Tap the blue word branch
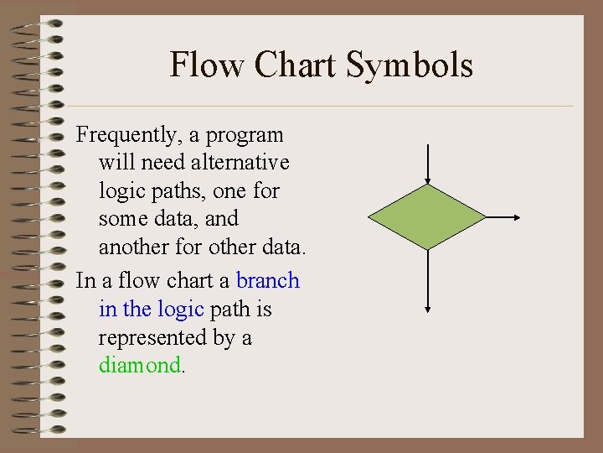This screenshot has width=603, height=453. coord(267,280)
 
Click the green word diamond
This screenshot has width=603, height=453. coord(139,365)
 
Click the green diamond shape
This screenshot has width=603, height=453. coord(428,217)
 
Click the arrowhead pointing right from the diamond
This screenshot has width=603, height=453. coord(518,217)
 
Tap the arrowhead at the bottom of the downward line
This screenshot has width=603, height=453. coord(428,310)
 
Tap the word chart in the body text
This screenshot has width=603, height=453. coord(202,280)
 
